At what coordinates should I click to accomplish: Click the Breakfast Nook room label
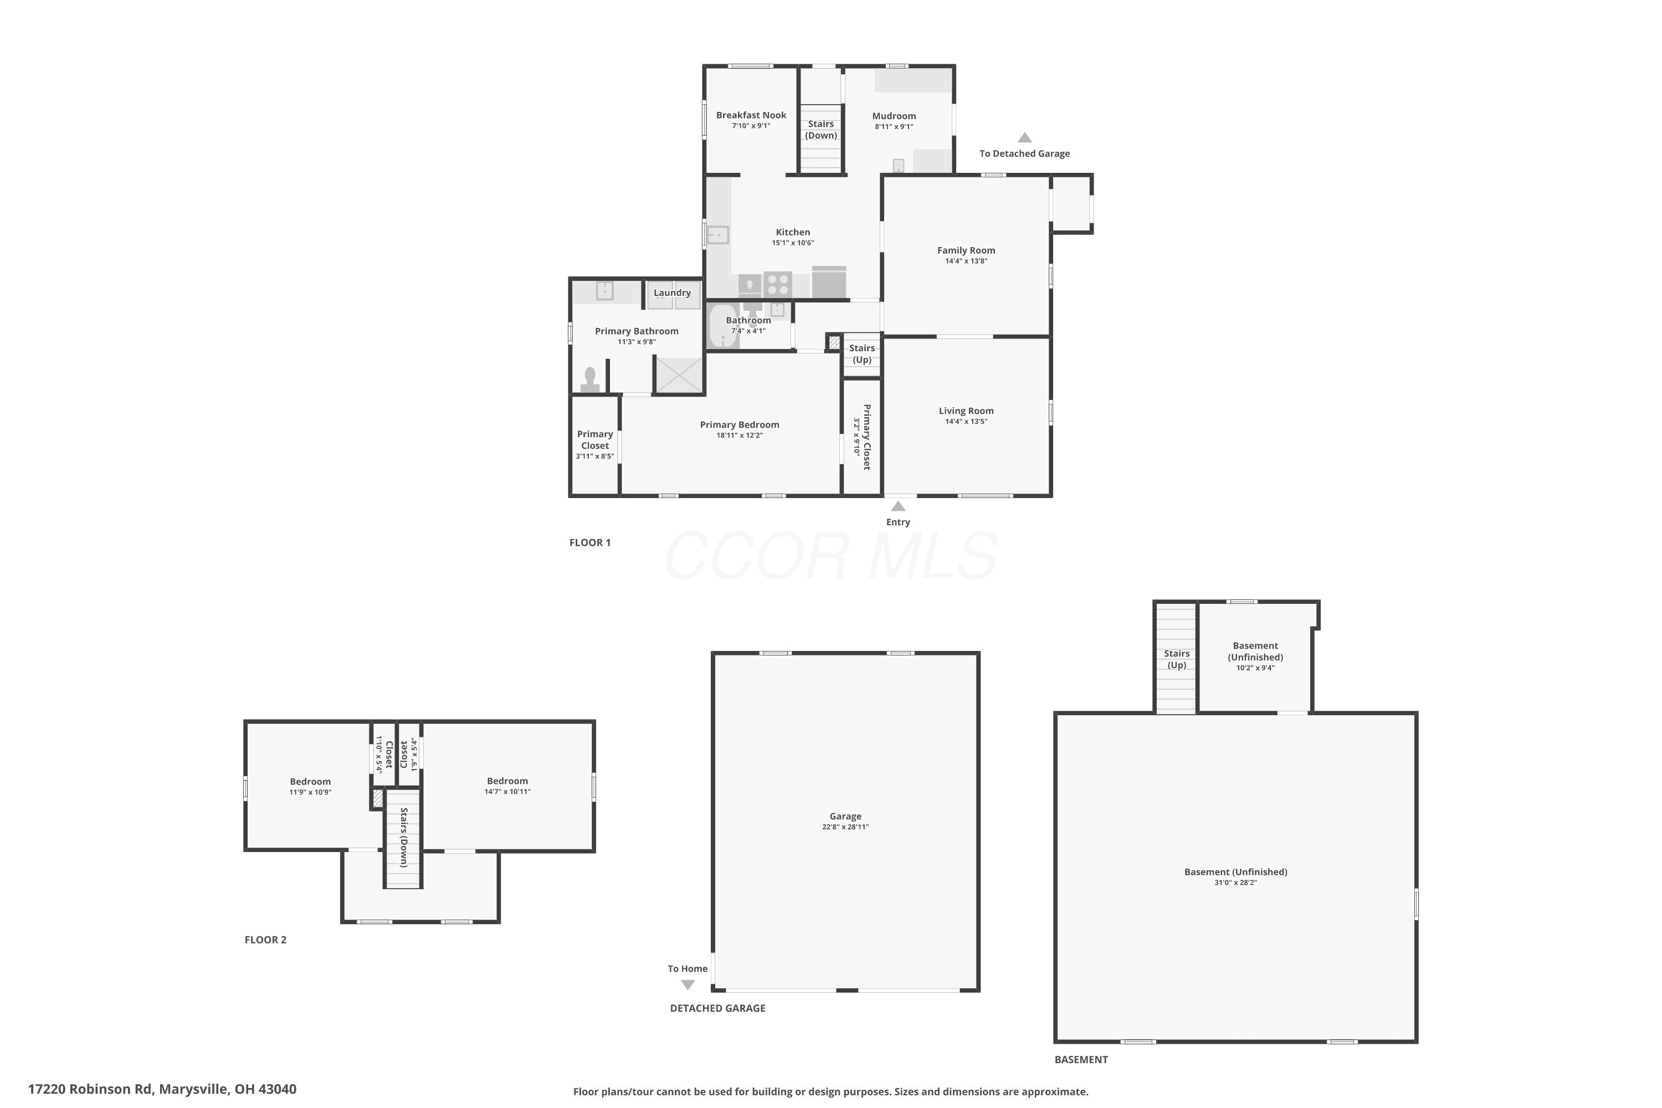point(751,115)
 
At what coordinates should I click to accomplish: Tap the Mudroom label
point(894,116)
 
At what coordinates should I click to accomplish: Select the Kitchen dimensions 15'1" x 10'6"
point(793,243)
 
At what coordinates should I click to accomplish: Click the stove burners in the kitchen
point(777,284)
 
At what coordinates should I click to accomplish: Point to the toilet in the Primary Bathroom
point(590,379)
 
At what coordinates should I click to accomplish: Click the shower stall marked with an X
point(679,375)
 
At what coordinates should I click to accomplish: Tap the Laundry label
point(672,293)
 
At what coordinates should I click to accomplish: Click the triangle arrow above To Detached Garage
point(1024,138)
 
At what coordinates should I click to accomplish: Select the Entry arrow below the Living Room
point(898,506)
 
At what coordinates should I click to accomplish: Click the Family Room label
point(966,250)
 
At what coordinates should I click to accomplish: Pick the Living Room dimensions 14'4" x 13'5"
point(966,422)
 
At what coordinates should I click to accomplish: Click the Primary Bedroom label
point(739,425)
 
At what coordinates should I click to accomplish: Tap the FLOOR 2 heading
point(266,940)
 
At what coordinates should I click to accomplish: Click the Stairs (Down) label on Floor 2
point(403,837)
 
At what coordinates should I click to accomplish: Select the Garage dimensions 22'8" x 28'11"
point(845,827)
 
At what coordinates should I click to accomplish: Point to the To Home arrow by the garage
point(688,984)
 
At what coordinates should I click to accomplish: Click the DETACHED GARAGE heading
point(717,1008)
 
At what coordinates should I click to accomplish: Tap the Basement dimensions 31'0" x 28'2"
point(1235,883)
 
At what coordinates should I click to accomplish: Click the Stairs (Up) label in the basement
point(1177,659)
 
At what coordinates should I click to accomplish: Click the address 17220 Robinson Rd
point(90,1089)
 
